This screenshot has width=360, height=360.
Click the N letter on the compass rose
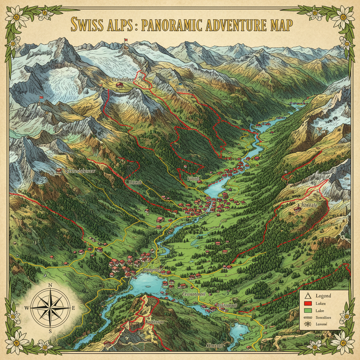[x=51, y=285]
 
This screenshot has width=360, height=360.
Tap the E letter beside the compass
[x=73, y=308]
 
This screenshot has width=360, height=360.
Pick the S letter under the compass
[x=51, y=331]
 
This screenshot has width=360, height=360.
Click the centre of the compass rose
[x=50, y=308]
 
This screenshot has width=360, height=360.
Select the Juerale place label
[x=309, y=205]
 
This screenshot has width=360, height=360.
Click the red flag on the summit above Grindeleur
[x=125, y=40]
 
